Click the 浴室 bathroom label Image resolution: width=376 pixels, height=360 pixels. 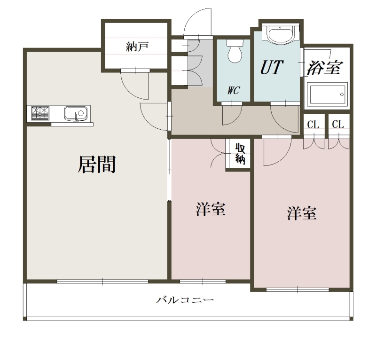pos(324,68)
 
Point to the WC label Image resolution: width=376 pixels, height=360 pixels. pos(233,91)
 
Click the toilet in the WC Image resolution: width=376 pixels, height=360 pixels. pos(234,52)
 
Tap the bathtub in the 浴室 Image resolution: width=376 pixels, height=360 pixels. pos(327,95)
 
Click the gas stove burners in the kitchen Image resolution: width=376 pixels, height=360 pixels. pos(40,113)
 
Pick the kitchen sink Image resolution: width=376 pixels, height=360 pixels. pos(76,113)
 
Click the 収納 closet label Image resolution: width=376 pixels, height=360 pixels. pos(240,154)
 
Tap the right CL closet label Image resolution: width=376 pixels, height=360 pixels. pos(338,125)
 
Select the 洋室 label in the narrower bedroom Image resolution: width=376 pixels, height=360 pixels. pos(211,210)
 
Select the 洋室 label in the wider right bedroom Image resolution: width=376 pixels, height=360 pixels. pos(301,214)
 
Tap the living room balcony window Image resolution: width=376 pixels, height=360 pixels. pos(102,282)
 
